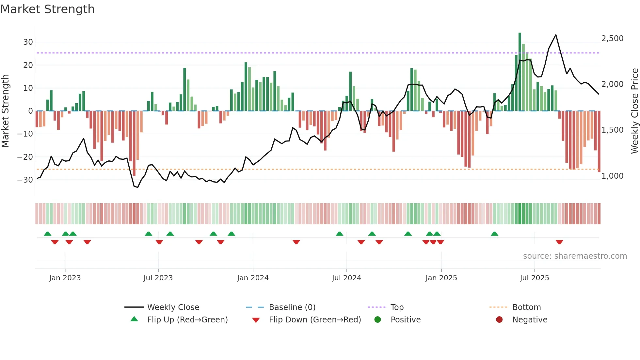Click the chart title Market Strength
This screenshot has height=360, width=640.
47,9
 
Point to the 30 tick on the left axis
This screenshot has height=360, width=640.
28,42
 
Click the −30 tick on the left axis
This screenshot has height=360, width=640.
25,180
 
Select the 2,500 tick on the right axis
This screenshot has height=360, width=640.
612,39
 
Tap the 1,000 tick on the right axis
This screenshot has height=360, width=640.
612,176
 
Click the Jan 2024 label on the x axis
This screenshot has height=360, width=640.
253,278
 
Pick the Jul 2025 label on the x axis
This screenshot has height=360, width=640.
534,278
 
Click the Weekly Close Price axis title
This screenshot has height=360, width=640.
634,111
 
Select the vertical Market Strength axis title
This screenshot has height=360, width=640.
5,111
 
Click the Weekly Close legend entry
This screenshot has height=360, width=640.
173,307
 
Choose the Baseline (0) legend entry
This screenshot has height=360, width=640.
292,307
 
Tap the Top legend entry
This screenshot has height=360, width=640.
397,307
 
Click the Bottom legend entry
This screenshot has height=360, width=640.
526,307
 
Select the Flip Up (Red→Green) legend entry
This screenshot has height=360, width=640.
187,320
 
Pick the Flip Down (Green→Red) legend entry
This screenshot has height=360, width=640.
315,320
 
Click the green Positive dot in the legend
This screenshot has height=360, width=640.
378,320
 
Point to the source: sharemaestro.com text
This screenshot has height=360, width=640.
575,256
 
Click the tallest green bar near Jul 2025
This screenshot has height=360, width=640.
520,72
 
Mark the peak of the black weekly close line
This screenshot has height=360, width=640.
556,35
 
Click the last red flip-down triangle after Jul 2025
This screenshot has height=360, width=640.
559,242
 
